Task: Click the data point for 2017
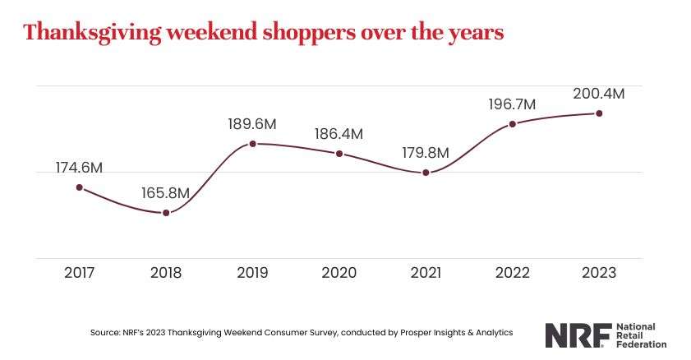80,187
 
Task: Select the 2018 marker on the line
166,213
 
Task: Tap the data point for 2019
253,144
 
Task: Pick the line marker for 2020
339,154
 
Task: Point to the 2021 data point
426,173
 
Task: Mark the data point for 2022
513,124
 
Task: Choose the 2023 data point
599,113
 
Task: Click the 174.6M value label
80,168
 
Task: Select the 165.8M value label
166,193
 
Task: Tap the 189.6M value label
252,124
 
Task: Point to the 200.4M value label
599,94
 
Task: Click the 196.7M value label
513,104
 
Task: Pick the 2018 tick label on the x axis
166,273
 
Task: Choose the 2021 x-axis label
426,273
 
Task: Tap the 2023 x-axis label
599,273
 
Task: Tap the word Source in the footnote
104,333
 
